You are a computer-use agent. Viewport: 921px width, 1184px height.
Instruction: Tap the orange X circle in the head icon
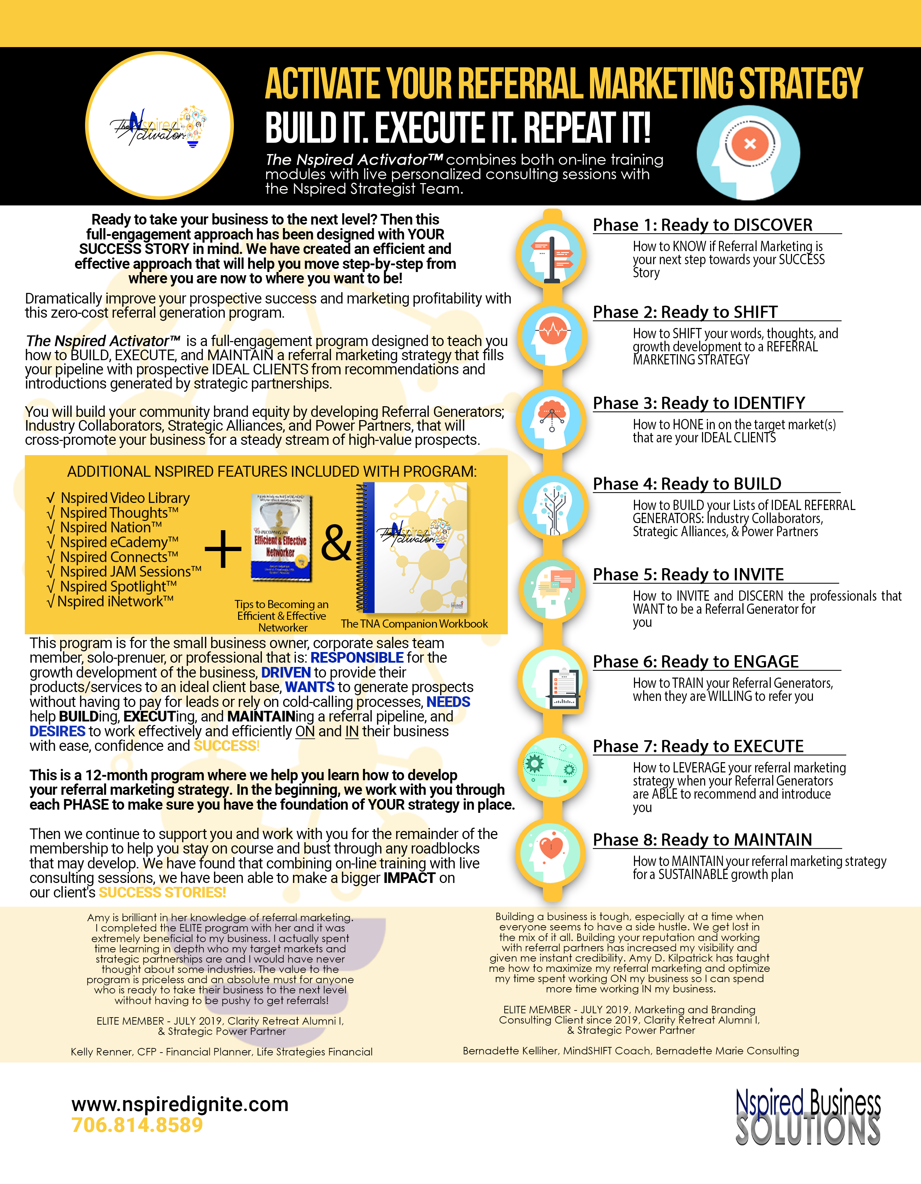749,144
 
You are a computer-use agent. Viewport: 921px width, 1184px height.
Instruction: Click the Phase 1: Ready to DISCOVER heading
702,225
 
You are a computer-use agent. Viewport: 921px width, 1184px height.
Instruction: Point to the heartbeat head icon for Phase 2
552,336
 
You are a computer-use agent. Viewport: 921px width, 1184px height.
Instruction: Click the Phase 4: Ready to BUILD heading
687,483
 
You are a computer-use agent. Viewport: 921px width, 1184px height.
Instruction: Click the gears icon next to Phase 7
552,767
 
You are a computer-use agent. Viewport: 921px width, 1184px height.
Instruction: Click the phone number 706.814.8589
137,1125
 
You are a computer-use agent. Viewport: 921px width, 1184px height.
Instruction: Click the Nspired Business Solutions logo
808,1117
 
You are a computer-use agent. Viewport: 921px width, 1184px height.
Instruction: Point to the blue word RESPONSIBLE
356,658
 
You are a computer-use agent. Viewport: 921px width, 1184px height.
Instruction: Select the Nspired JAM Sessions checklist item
130,571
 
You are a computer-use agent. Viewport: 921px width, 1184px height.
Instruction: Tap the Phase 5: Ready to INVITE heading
688,574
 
